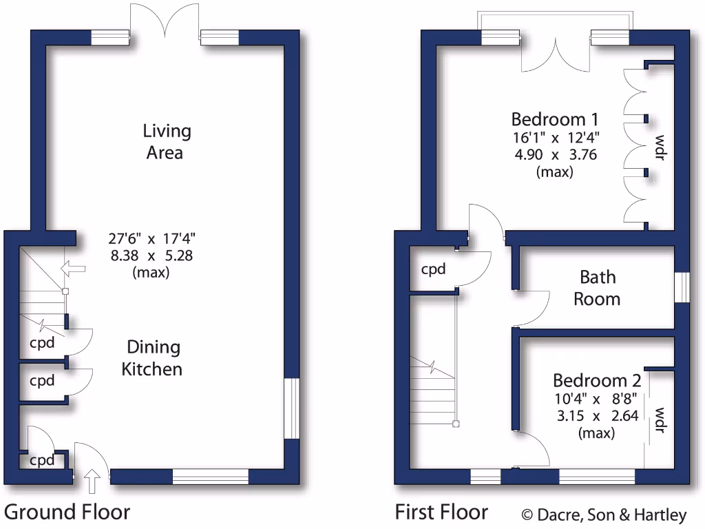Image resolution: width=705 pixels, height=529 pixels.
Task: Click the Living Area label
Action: [167, 141]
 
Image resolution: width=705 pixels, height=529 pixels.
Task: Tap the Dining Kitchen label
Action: [152, 357]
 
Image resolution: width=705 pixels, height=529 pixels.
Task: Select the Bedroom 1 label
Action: [555, 118]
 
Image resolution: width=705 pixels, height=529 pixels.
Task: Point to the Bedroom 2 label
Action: [597, 380]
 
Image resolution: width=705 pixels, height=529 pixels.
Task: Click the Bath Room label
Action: [598, 288]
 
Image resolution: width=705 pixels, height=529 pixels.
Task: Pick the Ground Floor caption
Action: [67, 512]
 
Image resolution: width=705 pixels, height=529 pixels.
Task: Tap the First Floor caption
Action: [441, 512]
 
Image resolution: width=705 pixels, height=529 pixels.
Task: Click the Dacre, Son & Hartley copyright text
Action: [603, 515]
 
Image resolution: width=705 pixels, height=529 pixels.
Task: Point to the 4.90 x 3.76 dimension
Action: [555, 154]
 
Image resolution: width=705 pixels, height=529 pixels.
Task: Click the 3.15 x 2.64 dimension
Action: [597, 415]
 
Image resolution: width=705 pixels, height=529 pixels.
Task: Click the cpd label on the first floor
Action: [434, 269]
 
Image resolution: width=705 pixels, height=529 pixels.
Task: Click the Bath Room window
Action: [682, 287]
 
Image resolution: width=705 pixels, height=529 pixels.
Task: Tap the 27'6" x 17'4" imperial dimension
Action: [152, 240]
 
